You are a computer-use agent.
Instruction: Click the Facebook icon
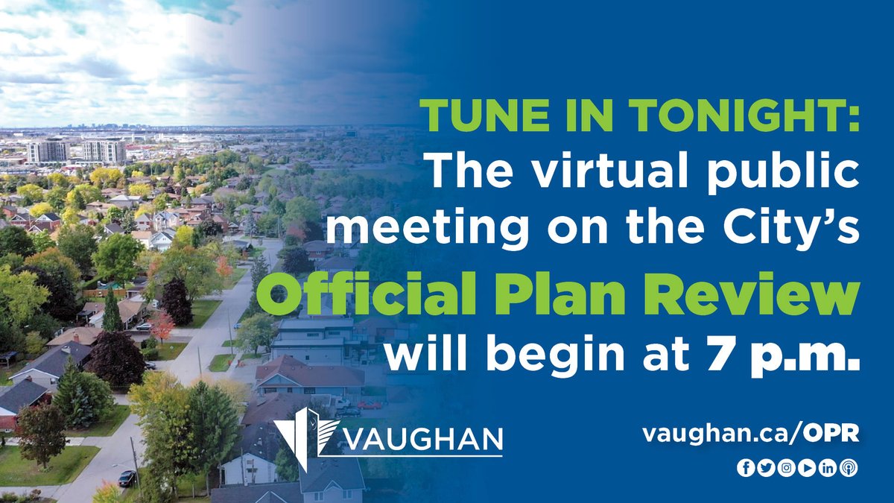point(744,469)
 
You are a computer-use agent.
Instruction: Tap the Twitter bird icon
point(765,469)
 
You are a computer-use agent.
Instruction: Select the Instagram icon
point(786,469)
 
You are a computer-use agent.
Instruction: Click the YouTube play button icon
point(807,469)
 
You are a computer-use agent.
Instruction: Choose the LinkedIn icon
point(828,469)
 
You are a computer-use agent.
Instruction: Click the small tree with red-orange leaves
point(162,325)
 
